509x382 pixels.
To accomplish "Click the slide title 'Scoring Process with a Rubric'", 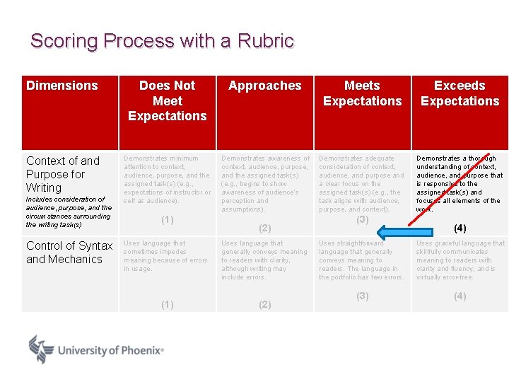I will (x=162, y=41).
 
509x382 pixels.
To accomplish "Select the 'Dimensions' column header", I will (x=62, y=86).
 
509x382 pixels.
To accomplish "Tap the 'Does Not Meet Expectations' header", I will (x=167, y=100).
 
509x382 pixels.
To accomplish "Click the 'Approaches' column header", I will (x=265, y=86).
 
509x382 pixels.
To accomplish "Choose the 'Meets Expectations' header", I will (x=362, y=93).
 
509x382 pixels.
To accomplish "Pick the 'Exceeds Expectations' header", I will (x=460, y=93).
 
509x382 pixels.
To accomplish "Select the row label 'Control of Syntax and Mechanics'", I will (x=69, y=253).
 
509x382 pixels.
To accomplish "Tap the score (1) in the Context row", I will (x=168, y=219).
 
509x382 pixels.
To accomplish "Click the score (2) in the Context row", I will (x=264, y=228).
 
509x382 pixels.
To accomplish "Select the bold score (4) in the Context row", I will (x=460, y=228).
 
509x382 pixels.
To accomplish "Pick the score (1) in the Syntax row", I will (x=168, y=304).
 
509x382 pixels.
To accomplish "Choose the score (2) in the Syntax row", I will (x=264, y=304).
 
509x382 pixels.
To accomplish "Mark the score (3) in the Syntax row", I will (x=362, y=296).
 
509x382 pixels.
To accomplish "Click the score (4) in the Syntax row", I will (x=460, y=296).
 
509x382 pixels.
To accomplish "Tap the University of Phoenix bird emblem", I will (x=41, y=349).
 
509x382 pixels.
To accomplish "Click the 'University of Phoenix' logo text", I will (x=110, y=350).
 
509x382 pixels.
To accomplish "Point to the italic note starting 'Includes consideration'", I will (x=69, y=212).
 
